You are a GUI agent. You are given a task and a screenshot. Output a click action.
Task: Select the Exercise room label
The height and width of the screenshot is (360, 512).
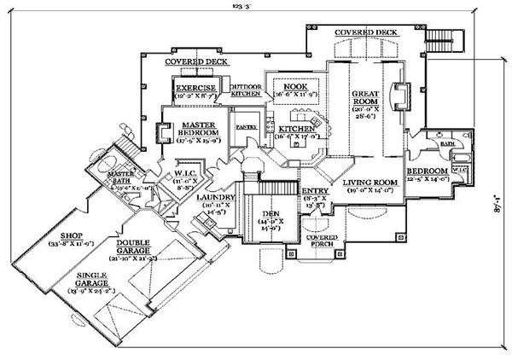tap(195, 88)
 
